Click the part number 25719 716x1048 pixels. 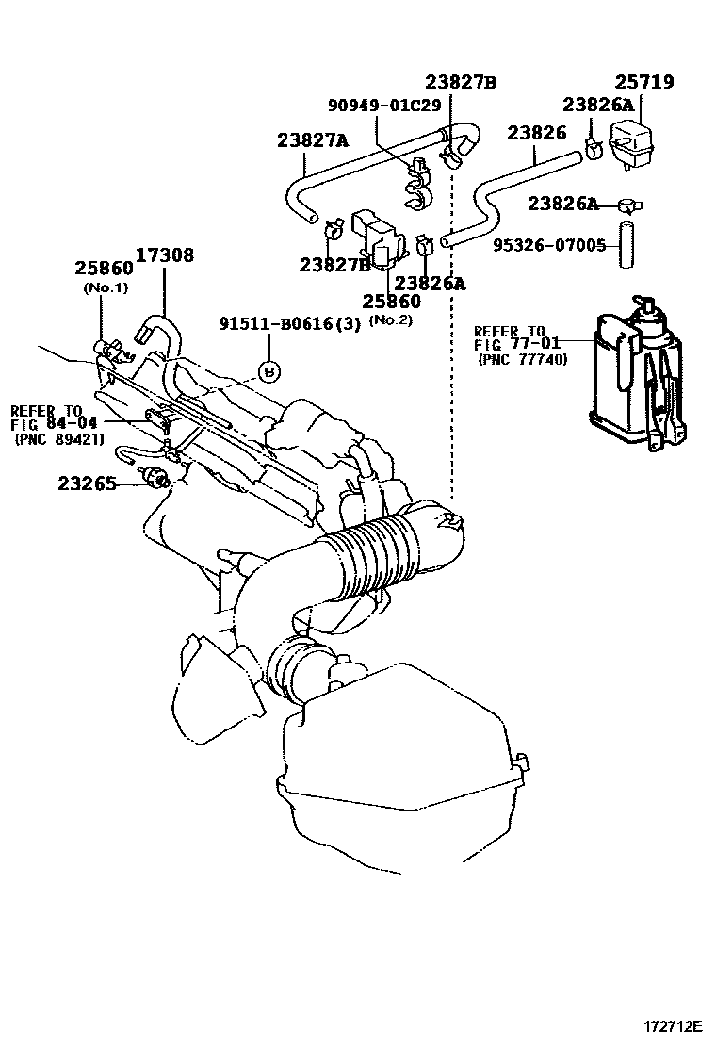(644, 82)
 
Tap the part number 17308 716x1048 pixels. (164, 254)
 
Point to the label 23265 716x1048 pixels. (87, 483)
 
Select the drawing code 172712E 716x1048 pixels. (674, 1024)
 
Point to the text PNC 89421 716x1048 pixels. (58, 440)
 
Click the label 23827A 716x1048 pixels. (313, 141)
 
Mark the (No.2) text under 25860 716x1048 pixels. (389, 319)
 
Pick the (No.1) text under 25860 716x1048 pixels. (106, 287)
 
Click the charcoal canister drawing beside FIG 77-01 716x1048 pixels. (637, 377)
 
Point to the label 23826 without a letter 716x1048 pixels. (537, 133)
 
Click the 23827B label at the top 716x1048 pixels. (460, 82)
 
